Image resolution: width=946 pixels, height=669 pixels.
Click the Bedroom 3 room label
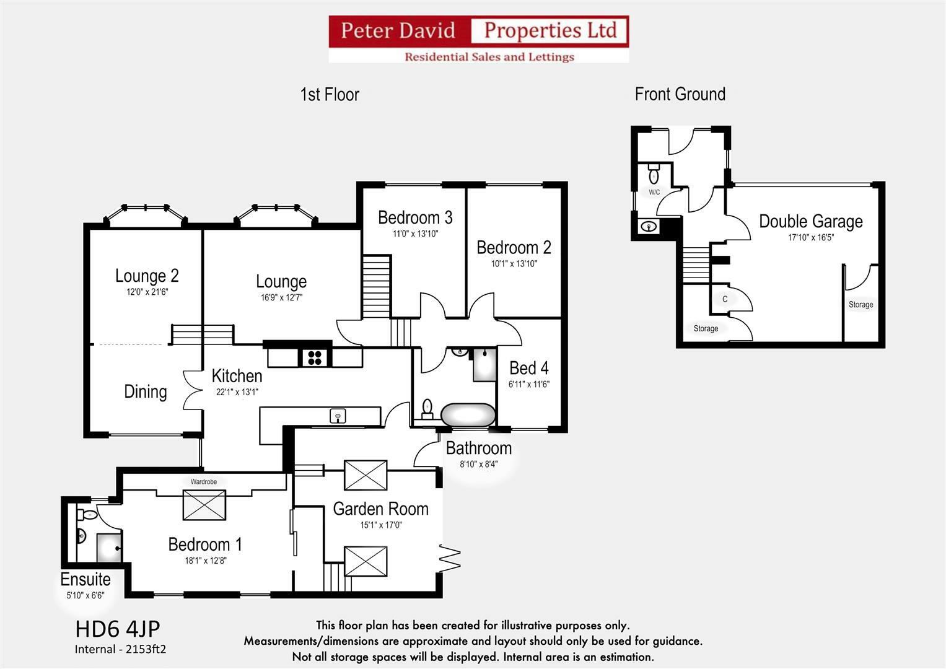(x=414, y=217)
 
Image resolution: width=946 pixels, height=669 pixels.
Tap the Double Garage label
(x=810, y=221)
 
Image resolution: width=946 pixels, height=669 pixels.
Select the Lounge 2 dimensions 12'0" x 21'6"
(x=147, y=292)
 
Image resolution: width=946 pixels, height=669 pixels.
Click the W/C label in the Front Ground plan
(x=654, y=193)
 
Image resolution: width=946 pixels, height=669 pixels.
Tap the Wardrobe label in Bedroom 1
(x=203, y=481)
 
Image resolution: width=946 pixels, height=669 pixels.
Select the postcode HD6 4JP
(x=118, y=629)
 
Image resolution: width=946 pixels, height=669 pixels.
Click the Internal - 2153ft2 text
(x=121, y=649)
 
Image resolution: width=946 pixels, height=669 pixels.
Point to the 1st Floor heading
(x=330, y=94)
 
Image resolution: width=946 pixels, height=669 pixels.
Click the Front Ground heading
(x=680, y=94)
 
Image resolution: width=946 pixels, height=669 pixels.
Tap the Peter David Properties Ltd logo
(x=478, y=39)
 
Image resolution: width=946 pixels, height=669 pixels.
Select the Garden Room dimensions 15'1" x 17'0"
(x=380, y=525)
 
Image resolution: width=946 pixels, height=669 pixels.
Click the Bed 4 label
(x=528, y=368)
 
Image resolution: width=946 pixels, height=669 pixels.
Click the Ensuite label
(x=85, y=579)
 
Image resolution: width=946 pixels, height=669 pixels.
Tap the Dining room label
(x=146, y=391)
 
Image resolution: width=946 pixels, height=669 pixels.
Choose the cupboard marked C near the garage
(x=725, y=299)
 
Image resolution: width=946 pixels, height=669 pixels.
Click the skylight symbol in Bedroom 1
(x=204, y=504)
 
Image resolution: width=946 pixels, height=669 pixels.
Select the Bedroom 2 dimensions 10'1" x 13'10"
(x=514, y=263)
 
